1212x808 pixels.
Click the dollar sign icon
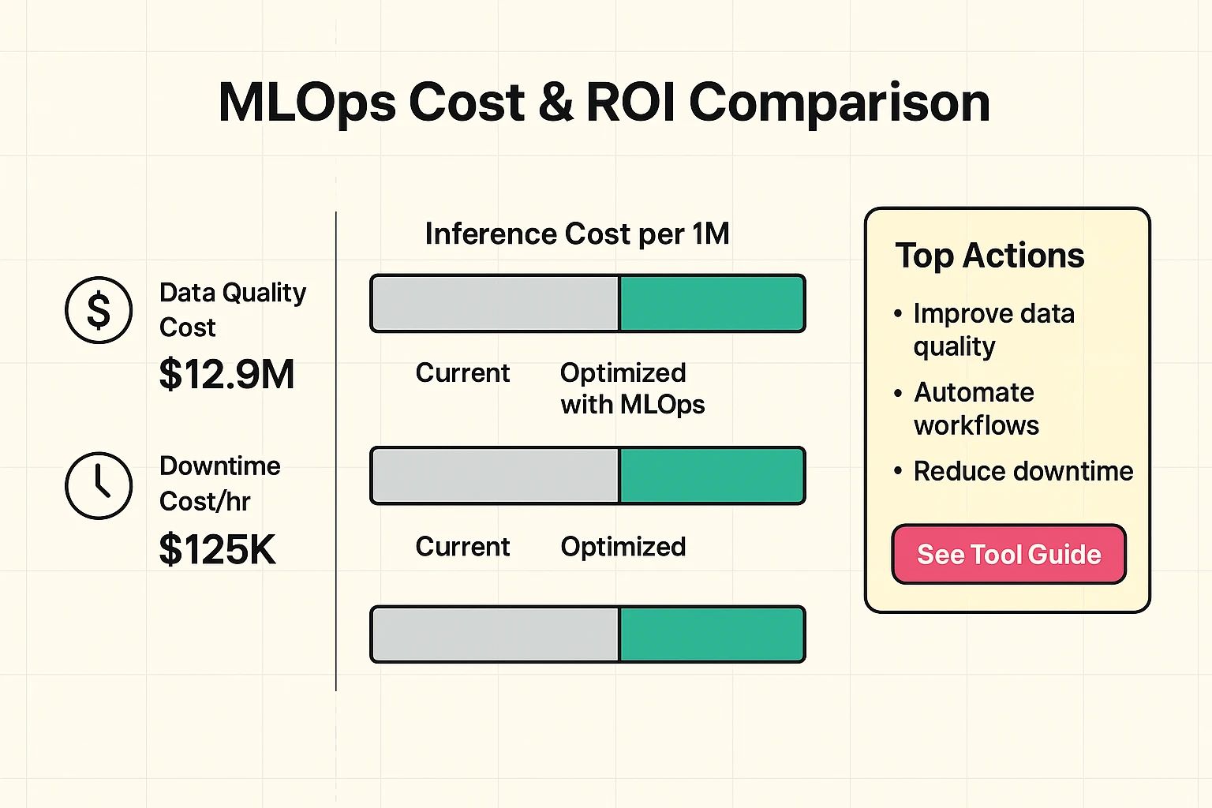click(x=99, y=310)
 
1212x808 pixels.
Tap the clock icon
click(x=99, y=485)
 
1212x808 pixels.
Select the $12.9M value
click(x=226, y=375)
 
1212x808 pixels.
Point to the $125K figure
click(x=217, y=549)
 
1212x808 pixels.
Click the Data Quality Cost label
click(x=232, y=309)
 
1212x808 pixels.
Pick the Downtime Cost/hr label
click(x=219, y=483)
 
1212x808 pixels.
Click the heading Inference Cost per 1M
click(x=577, y=234)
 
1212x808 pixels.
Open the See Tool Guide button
click(x=1008, y=555)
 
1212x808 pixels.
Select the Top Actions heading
click(x=989, y=256)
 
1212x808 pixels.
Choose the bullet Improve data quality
click(x=993, y=330)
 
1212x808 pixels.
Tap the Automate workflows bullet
click(x=975, y=409)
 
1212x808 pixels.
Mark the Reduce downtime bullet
click(x=1023, y=471)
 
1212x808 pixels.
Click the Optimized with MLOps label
click(x=631, y=388)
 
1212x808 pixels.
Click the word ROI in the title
click(x=630, y=103)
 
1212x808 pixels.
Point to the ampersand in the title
click(x=556, y=103)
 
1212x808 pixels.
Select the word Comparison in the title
click(x=840, y=103)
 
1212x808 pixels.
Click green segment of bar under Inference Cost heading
click(x=711, y=303)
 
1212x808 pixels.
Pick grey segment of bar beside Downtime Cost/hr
click(x=496, y=475)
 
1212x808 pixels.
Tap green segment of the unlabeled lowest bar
click(x=711, y=634)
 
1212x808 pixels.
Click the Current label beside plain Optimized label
click(x=462, y=546)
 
